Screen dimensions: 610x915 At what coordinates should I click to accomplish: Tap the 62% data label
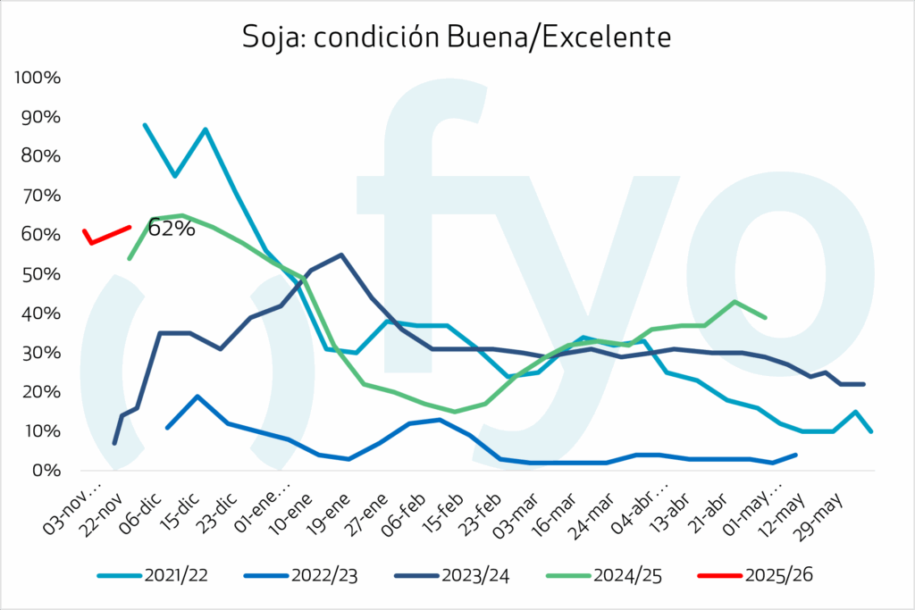pos(171,229)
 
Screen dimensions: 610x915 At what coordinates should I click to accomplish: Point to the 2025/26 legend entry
pos(776,576)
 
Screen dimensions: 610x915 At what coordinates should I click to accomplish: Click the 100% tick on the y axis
pos(38,78)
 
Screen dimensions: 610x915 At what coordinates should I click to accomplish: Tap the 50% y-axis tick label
pos(41,274)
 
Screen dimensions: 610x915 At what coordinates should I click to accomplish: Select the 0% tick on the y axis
pos(45,471)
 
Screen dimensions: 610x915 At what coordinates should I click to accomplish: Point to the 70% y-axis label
pos(41,196)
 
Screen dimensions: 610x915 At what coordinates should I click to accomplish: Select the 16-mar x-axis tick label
pos(569,507)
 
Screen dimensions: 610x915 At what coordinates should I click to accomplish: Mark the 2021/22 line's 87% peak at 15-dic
pos(206,130)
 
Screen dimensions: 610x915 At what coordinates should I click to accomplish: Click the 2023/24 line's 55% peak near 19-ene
pos(341,255)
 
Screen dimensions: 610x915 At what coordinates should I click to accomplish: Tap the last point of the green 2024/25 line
pos(766,317)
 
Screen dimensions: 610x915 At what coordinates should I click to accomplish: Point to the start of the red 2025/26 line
pos(84,230)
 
